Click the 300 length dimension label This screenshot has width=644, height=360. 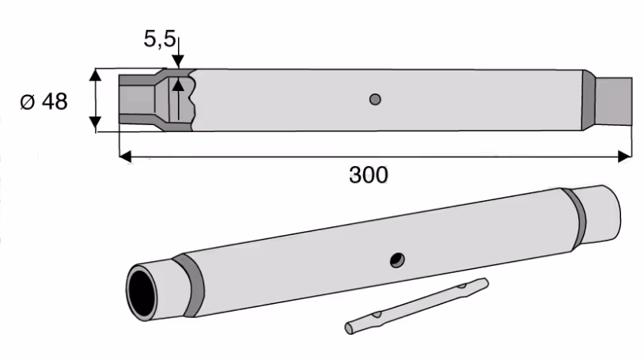pyautogui.click(x=369, y=175)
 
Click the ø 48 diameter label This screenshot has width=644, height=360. pyautogui.click(x=44, y=101)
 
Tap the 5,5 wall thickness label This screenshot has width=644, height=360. pyautogui.click(x=159, y=39)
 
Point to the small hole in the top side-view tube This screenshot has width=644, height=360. pyautogui.click(x=375, y=100)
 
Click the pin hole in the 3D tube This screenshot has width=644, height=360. pyautogui.click(x=397, y=260)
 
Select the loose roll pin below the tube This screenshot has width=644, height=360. pyautogui.click(x=416, y=305)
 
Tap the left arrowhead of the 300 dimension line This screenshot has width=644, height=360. pyautogui.click(x=125, y=156)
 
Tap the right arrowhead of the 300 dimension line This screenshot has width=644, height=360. pyautogui.click(x=625, y=156)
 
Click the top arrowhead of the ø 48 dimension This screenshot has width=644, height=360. pyautogui.click(x=95, y=75)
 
